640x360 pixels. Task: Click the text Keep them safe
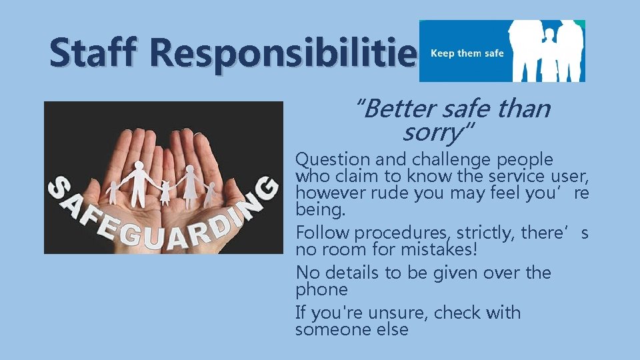(x=467, y=53)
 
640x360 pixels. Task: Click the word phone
(x=322, y=290)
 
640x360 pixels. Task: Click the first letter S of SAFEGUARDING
(x=61, y=189)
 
